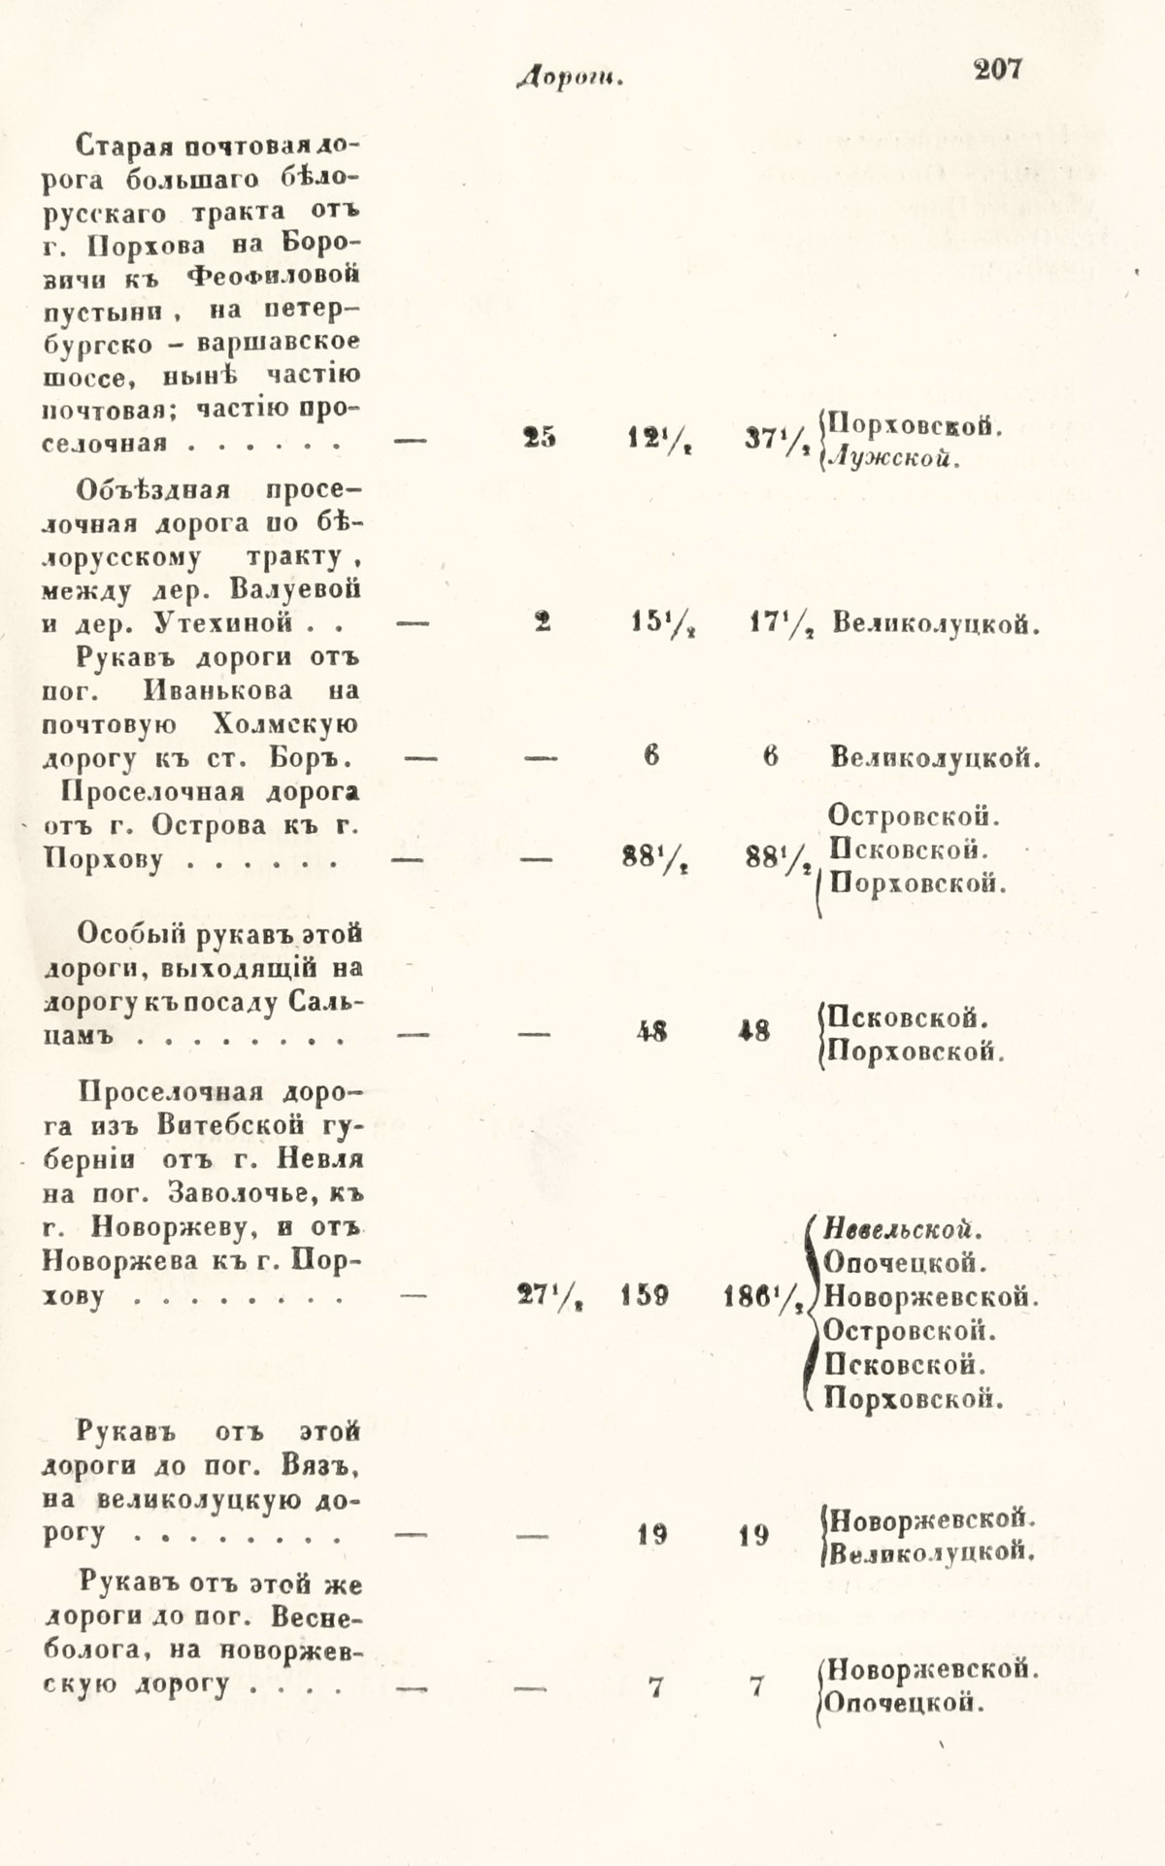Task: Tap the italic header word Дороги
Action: coord(570,79)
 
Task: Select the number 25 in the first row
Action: coord(540,439)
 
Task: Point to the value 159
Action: coord(645,1295)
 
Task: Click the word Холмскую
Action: coord(283,724)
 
